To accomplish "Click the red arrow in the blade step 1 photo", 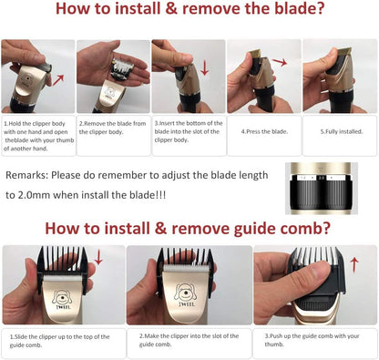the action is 58,80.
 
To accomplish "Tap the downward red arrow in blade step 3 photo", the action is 205,67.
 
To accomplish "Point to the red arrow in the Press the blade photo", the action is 280,62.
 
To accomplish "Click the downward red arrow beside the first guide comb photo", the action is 98,257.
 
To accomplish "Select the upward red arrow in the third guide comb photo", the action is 354,265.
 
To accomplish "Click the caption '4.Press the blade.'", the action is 264,131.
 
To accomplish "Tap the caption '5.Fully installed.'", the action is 342,131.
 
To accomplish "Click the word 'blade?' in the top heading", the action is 300,8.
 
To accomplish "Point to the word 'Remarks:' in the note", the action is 27,175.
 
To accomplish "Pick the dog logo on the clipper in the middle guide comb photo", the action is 185,293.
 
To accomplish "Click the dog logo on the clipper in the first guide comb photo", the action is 63,298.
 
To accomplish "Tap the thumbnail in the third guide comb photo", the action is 318,270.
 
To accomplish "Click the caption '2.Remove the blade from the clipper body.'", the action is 112,128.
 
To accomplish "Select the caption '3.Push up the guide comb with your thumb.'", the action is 312,340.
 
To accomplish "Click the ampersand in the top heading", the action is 171,8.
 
